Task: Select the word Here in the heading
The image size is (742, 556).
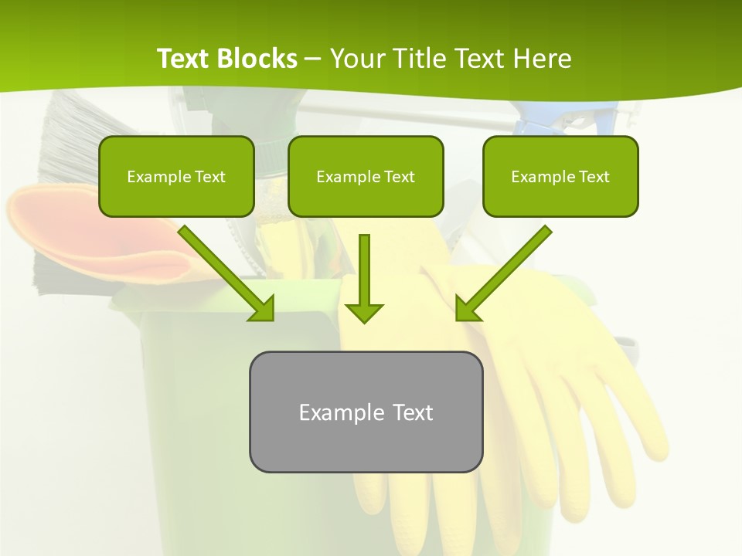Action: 543,59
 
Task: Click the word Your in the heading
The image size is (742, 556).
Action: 356,59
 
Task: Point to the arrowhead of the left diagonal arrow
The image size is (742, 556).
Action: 263,309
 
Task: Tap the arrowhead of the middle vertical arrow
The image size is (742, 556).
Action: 364,312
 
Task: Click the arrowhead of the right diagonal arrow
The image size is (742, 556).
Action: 467,309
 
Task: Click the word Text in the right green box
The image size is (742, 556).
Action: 594,177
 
